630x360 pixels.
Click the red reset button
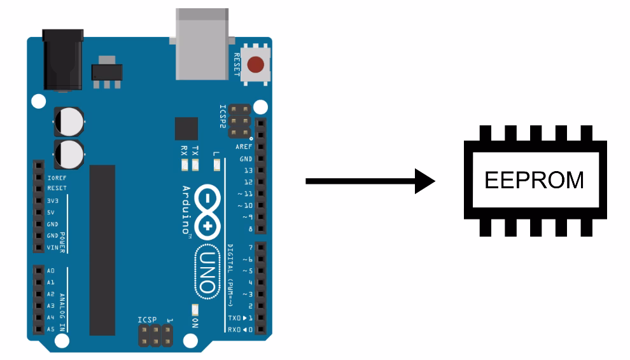[x=256, y=64]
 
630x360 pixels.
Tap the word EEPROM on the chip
[x=534, y=180]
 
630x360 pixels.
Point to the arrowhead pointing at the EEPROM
[x=423, y=181]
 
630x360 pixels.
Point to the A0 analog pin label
[x=51, y=271]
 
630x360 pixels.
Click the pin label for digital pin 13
[x=248, y=170]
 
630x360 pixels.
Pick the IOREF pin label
[x=56, y=177]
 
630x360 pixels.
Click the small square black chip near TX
[x=186, y=128]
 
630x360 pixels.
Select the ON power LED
[x=195, y=309]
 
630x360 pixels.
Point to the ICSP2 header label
[x=223, y=116]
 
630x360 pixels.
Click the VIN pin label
[x=52, y=247]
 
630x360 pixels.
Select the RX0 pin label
[x=235, y=329]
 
